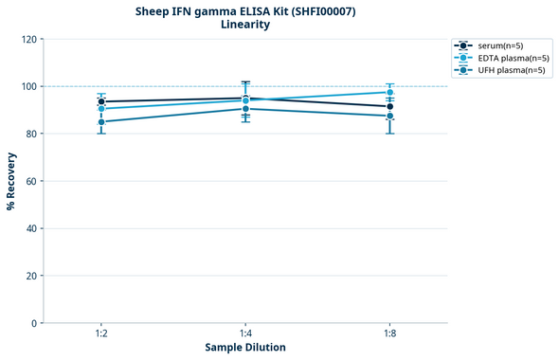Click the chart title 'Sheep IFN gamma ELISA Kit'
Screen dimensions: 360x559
point(245,11)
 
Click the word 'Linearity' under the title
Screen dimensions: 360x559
point(245,25)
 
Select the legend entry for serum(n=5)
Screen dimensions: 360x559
point(498,45)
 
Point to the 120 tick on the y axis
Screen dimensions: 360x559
point(29,39)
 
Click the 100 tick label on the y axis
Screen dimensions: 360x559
point(29,86)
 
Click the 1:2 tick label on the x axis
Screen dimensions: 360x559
point(100,334)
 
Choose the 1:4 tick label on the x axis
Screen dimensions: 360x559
point(245,334)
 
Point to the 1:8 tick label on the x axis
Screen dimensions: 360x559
point(389,334)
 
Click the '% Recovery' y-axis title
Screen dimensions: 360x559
point(11,180)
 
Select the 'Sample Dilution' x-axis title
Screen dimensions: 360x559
point(245,348)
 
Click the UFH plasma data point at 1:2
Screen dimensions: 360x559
point(101,121)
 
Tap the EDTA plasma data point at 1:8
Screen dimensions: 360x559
point(389,92)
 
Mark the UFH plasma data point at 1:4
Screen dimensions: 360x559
point(245,109)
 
